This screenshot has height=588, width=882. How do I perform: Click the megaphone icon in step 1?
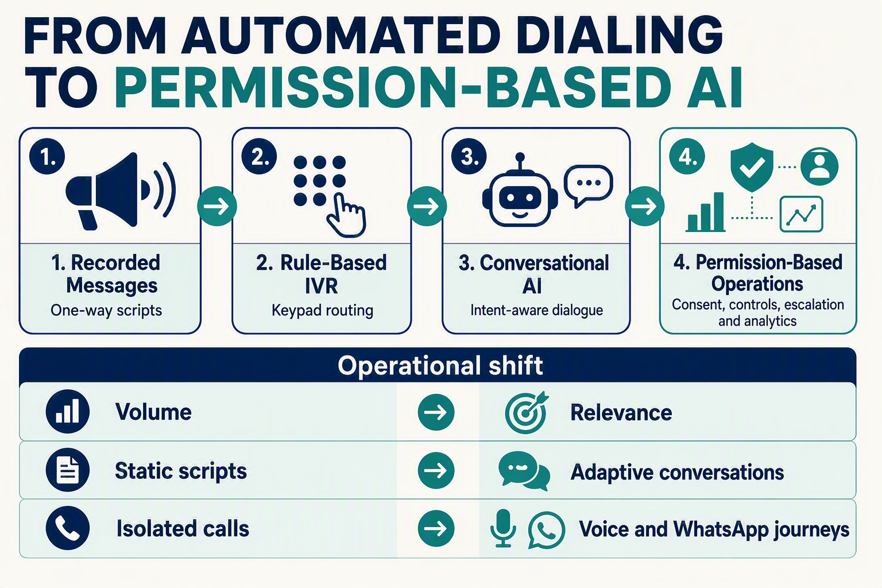[x=118, y=191]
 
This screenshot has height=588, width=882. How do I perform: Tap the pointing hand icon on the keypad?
[x=346, y=215]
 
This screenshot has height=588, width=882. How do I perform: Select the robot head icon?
[x=520, y=191]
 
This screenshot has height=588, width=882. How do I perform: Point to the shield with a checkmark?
[x=752, y=167]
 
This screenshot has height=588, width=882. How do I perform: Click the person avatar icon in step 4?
[x=819, y=167]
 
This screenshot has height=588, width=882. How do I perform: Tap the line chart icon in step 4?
[x=801, y=214]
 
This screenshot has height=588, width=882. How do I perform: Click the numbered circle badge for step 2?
[x=259, y=157]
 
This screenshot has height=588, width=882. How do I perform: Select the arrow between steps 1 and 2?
[x=217, y=206]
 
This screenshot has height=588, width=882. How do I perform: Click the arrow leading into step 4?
[x=645, y=206]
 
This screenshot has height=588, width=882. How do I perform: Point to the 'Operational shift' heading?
[x=440, y=365]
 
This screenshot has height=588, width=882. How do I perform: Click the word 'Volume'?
[x=153, y=412]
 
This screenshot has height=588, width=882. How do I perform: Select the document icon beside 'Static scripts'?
[x=68, y=470]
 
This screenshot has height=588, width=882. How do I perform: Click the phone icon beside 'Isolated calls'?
[x=68, y=528]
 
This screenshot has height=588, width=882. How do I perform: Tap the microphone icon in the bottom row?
[x=503, y=528]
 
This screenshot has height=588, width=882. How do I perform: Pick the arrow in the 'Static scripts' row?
[x=436, y=470]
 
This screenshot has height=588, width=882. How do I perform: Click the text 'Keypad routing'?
[x=323, y=310]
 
